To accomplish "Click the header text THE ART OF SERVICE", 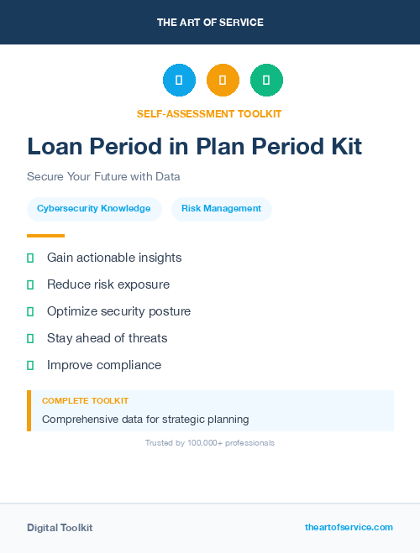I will click(210, 23).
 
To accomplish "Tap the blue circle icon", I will click(179, 81).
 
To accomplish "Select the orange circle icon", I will click(223, 81).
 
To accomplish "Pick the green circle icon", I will click(266, 81).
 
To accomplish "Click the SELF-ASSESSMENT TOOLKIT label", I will click(209, 113).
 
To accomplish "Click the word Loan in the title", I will click(55, 147).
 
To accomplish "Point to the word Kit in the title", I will click(340, 147).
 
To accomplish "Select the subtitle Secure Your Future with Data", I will click(103, 177).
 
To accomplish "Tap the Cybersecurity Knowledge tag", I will click(93, 209).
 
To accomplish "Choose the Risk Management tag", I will click(221, 209).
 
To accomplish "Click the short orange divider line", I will click(45, 236).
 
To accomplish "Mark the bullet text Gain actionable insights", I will click(114, 258).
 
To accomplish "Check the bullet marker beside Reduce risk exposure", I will click(30, 284).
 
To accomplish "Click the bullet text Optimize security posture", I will click(118, 311).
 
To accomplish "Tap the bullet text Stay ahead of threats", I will click(107, 338).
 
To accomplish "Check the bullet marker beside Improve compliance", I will click(30, 365).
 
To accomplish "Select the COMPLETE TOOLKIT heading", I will click(85, 401).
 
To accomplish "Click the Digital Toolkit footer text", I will click(60, 528).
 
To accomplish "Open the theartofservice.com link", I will click(349, 527).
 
